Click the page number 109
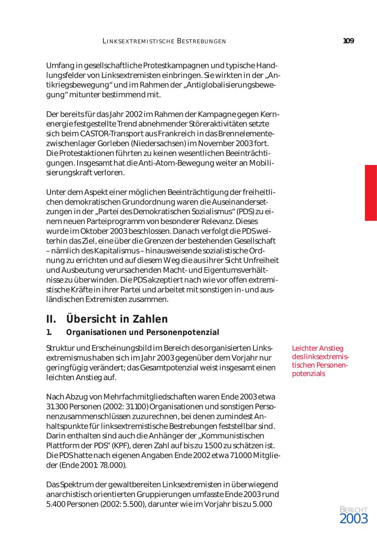pyautogui.click(x=348, y=41)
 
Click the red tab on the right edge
pyautogui.click(x=371, y=193)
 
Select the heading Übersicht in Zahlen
pyautogui.click(x=117, y=319)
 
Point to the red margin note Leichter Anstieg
pyautogui.click(x=318, y=348)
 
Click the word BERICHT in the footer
pyautogui.click(x=354, y=510)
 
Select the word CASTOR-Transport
pyautogui.click(x=102, y=134)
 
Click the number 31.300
pyautogui.click(x=55, y=406)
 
